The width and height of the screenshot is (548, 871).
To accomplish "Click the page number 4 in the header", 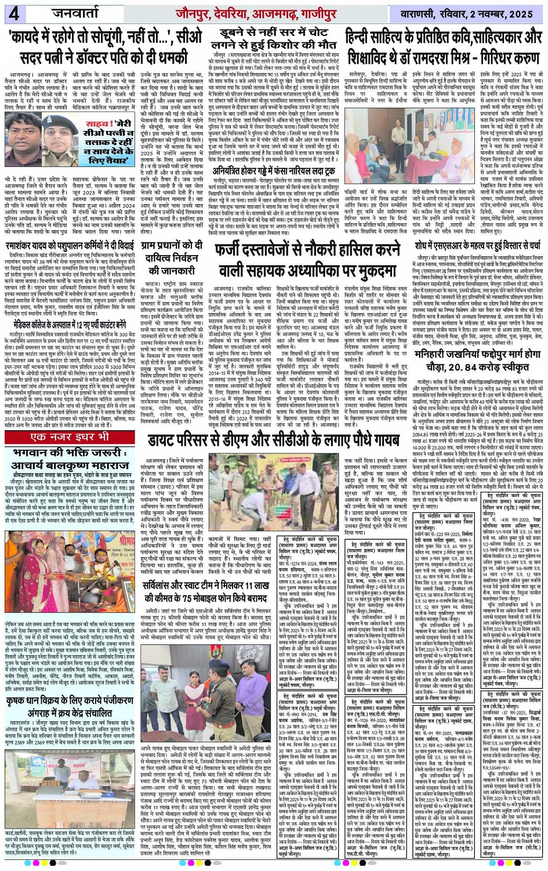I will [13, 13].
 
